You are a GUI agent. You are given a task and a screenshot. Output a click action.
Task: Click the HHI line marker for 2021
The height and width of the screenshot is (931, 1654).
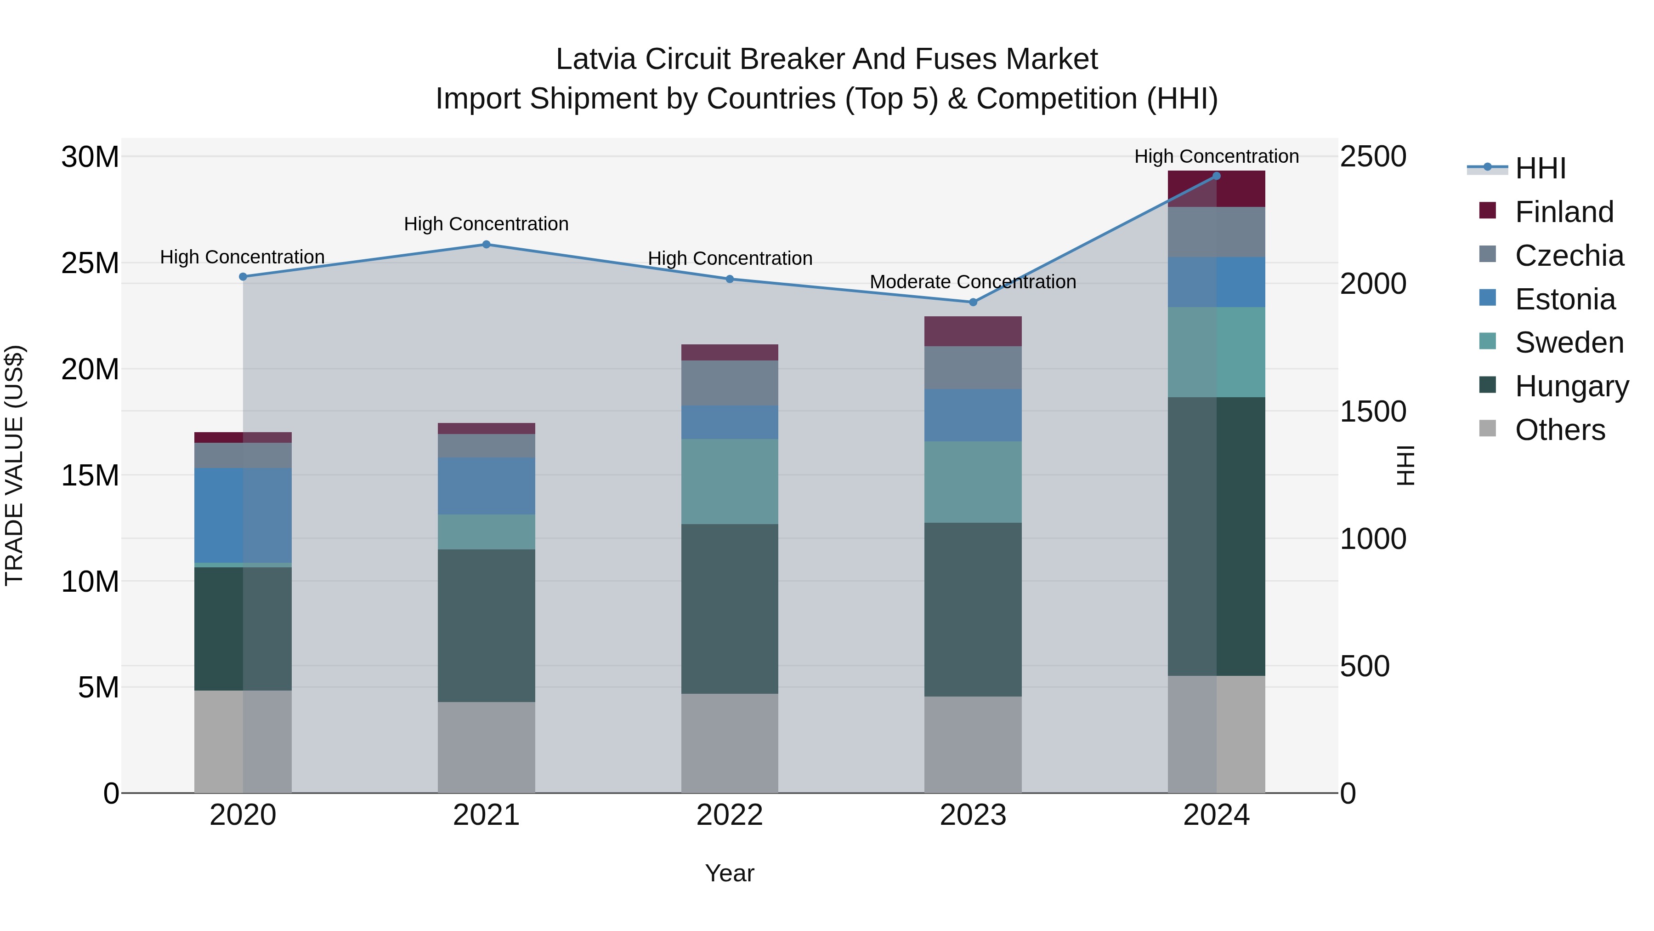click(x=486, y=244)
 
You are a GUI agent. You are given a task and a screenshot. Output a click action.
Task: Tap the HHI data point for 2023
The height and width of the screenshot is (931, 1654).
click(x=973, y=302)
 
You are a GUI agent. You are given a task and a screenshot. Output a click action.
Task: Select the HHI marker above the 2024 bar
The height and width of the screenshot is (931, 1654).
click(x=1216, y=176)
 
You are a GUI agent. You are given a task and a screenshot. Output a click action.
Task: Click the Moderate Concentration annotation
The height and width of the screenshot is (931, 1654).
click(x=973, y=282)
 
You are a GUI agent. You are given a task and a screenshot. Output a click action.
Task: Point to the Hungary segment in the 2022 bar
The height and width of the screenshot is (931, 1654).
click(x=730, y=608)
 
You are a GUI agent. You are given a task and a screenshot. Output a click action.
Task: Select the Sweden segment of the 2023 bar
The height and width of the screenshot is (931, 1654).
click(x=973, y=482)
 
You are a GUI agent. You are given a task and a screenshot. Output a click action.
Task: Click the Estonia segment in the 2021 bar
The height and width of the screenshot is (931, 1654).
click(x=486, y=486)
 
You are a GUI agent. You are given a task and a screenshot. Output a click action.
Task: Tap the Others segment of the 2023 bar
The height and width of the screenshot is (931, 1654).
click(x=973, y=745)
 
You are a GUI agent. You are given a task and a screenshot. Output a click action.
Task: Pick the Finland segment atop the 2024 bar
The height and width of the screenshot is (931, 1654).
click(x=1216, y=189)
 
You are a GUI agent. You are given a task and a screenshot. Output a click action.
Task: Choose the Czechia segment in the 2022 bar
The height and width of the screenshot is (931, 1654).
click(x=730, y=383)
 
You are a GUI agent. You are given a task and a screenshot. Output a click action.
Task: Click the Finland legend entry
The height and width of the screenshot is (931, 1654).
click(x=1563, y=212)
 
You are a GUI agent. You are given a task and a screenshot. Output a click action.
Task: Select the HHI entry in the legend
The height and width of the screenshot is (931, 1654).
click(x=1540, y=168)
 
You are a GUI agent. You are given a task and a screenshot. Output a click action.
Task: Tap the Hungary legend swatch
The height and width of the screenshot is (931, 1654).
click(x=1487, y=385)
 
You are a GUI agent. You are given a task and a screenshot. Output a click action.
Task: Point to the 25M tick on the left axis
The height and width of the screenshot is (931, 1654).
click(x=90, y=263)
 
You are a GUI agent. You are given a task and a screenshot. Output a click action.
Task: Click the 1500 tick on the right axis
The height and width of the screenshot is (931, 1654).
click(x=1373, y=411)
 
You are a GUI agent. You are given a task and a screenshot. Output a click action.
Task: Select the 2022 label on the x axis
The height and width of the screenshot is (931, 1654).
click(x=730, y=815)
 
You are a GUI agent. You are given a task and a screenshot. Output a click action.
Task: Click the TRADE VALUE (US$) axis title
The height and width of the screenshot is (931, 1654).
click(x=14, y=465)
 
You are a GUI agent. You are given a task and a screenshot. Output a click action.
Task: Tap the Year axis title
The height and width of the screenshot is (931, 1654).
click(x=730, y=873)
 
